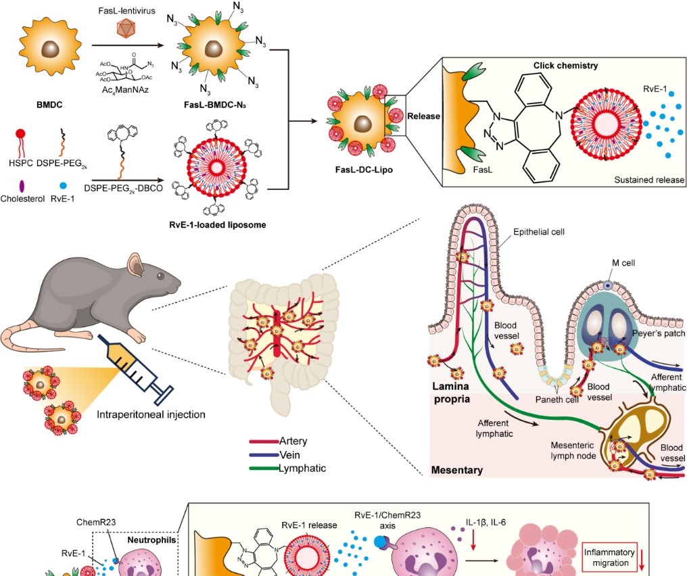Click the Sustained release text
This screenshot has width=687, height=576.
tap(649, 180)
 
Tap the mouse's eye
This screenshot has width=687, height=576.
tap(160, 275)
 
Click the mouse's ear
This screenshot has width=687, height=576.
tap(134, 262)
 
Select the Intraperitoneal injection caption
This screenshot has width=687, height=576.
tap(151, 414)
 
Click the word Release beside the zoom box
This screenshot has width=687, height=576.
tap(423, 116)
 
